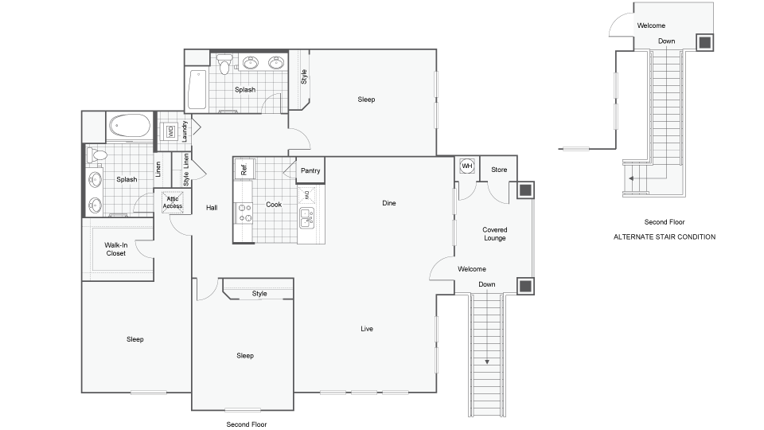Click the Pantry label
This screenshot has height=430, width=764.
click(310, 170)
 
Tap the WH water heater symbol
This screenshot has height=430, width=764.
click(467, 166)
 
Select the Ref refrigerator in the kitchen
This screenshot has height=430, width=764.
click(244, 168)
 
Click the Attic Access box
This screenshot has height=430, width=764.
click(173, 202)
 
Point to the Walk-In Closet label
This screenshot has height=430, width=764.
click(116, 250)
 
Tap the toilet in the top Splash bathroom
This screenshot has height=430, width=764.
click(224, 63)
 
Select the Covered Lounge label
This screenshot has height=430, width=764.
click(494, 233)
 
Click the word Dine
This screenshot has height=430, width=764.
click(388, 203)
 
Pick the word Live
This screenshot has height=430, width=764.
click(367, 328)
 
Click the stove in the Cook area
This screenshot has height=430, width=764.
click(244, 211)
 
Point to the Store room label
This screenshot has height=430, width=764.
click(499, 170)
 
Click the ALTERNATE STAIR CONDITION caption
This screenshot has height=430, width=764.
click(664, 237)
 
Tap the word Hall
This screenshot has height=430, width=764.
click(212, 208)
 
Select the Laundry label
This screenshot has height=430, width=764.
click(185, 131)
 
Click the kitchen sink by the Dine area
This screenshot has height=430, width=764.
click(306, 215)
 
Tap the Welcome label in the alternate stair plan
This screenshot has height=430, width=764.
click(651, 25)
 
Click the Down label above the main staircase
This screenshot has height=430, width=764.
click(487, 284)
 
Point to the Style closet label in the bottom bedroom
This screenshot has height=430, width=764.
click(259, 294)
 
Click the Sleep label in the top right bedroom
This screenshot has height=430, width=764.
click(366, 100)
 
